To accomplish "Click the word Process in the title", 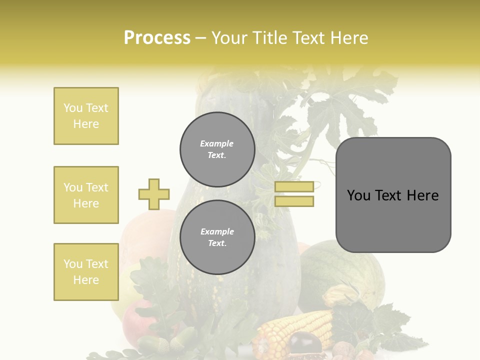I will [157, 38].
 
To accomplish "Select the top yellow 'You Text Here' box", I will [86, 116].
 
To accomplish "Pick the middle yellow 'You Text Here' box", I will [86, 195].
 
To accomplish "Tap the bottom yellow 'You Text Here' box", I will [86, 272].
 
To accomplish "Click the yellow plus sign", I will [154, 194].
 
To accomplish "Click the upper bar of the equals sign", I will [294, 186].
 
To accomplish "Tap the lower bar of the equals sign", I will [294, 201].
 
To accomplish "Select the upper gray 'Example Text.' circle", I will [217, 149].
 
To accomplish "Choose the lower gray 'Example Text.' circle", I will [217, 237].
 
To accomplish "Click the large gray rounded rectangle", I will [393, 220].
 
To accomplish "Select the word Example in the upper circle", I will [216, 143].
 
